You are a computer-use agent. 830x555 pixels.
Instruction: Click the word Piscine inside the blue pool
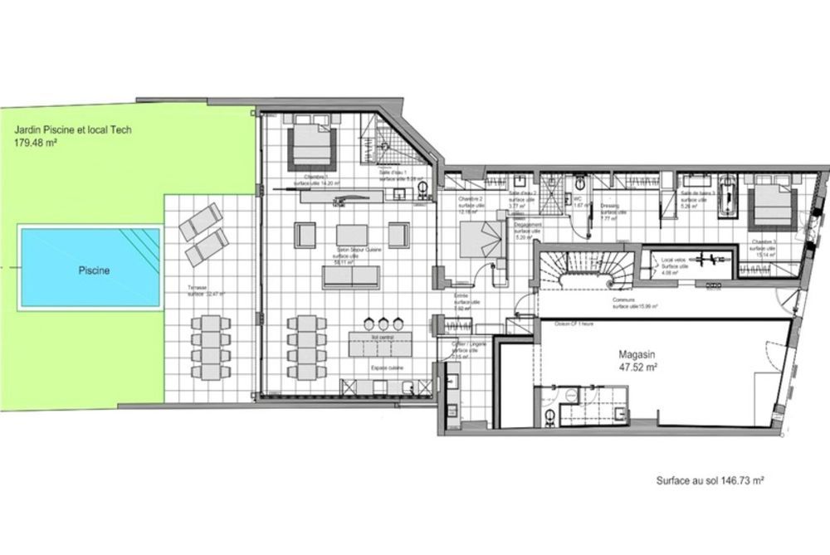click(95, 270)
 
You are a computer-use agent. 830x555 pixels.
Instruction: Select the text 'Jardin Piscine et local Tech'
click(73, 130)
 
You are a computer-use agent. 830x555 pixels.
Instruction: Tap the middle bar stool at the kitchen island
click(383, 322)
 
